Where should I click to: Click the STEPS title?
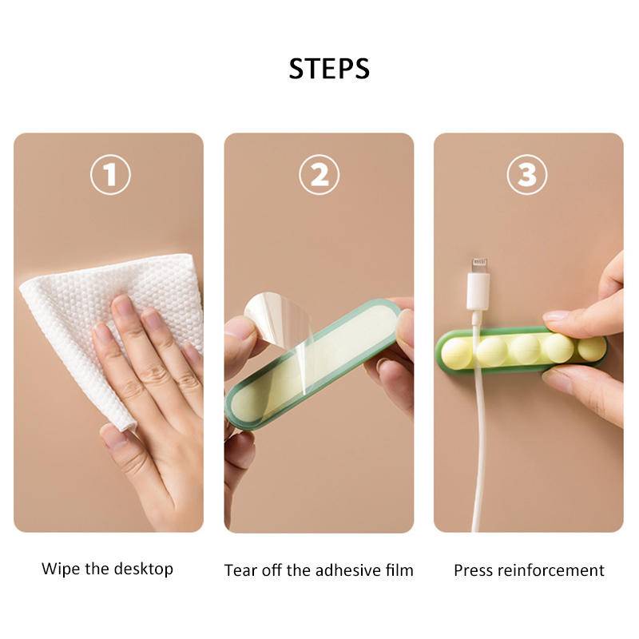(329, 69)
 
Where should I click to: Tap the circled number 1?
(109, 176)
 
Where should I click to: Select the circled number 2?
(319, 176)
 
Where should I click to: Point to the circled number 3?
(527, 176)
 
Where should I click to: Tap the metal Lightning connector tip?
(478, 264)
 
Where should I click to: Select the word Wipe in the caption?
(60, 570)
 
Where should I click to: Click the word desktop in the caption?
(144, 570)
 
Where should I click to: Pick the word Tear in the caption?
(240, 570)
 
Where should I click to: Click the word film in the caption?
(399, 570)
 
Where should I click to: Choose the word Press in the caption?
(474, 570)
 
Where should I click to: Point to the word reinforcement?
(552, 570)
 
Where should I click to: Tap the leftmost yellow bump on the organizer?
(456, 352)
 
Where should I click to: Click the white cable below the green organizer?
(477, 447)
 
